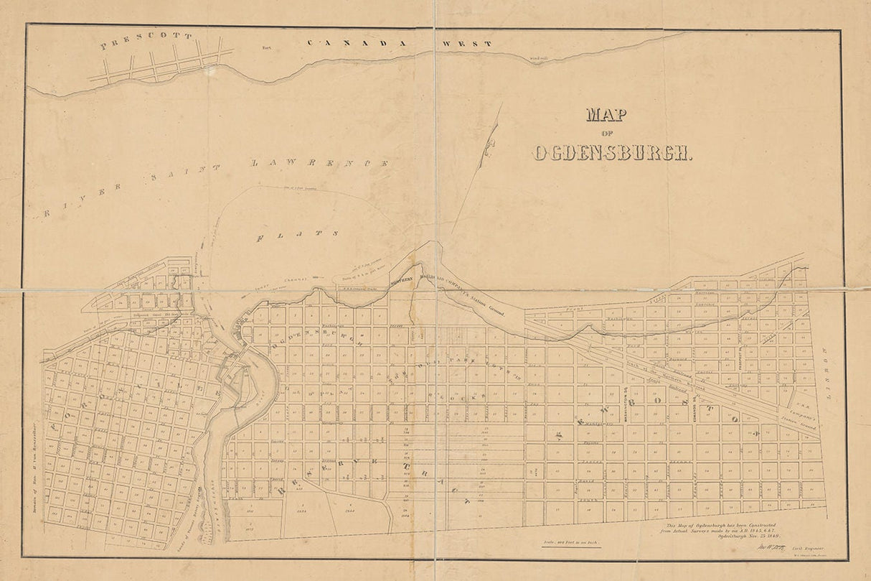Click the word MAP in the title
coord(605,115)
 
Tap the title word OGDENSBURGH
coord(612,152)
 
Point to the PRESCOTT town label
coord(146,40)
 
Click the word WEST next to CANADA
coord(466,44)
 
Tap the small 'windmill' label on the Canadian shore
coord(539,57)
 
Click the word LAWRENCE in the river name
coord(321,164)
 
